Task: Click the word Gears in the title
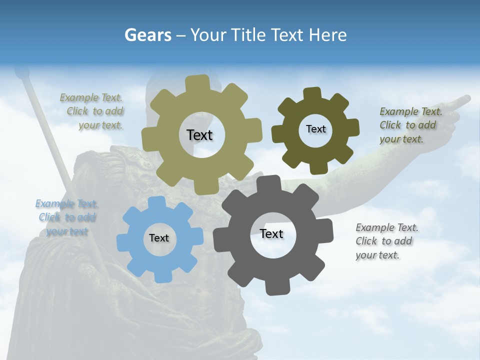click(148, 35)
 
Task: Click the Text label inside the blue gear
click(159, 238)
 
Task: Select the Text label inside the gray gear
click(271, 234)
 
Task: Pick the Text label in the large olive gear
click(200, 135)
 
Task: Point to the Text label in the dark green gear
click(316, 129)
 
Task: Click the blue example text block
click(66, 217)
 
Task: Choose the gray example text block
click(386, 241)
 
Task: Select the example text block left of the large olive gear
click(93, 111)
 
